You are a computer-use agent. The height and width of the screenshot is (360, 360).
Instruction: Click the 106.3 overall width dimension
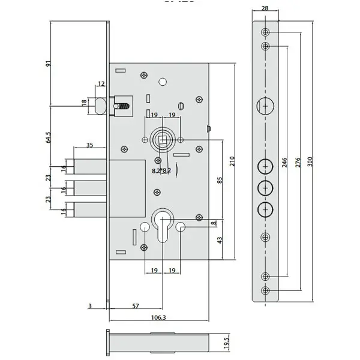coord(158,317)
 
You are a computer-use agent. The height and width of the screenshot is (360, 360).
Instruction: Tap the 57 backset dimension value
coord(136,306)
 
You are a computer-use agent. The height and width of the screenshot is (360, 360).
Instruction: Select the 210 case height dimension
coord(232,161)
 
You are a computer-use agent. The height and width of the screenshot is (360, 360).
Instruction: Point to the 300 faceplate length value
coord(310,162)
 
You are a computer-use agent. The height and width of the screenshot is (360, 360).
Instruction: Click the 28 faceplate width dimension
coord(265,8)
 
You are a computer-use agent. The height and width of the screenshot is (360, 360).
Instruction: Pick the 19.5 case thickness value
coord(227,343)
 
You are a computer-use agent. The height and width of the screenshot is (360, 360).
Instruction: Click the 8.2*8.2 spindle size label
coord(161,170)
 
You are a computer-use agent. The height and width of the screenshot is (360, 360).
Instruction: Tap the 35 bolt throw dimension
coord(90,145)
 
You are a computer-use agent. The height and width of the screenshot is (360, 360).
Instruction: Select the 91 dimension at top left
coord(48,64)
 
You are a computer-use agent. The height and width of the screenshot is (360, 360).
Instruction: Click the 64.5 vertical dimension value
coord(49,137)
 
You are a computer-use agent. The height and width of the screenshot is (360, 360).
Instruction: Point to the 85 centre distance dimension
coord(220,180)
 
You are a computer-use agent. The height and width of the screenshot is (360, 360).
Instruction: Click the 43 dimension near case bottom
coord(220,240)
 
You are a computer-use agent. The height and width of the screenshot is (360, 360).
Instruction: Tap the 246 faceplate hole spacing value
coord(284,163)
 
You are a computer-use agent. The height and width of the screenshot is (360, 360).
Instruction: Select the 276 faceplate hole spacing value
coord(298,163)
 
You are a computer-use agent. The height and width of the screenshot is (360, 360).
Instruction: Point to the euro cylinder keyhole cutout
coord(163,225)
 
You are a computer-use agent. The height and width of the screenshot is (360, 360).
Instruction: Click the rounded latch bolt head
coord(100,106)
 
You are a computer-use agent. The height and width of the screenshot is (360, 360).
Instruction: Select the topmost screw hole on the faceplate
coord(265,32)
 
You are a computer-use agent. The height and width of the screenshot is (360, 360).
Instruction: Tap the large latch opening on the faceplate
coord(265,106)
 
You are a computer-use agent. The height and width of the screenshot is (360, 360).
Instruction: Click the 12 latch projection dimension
coord(101,83)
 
